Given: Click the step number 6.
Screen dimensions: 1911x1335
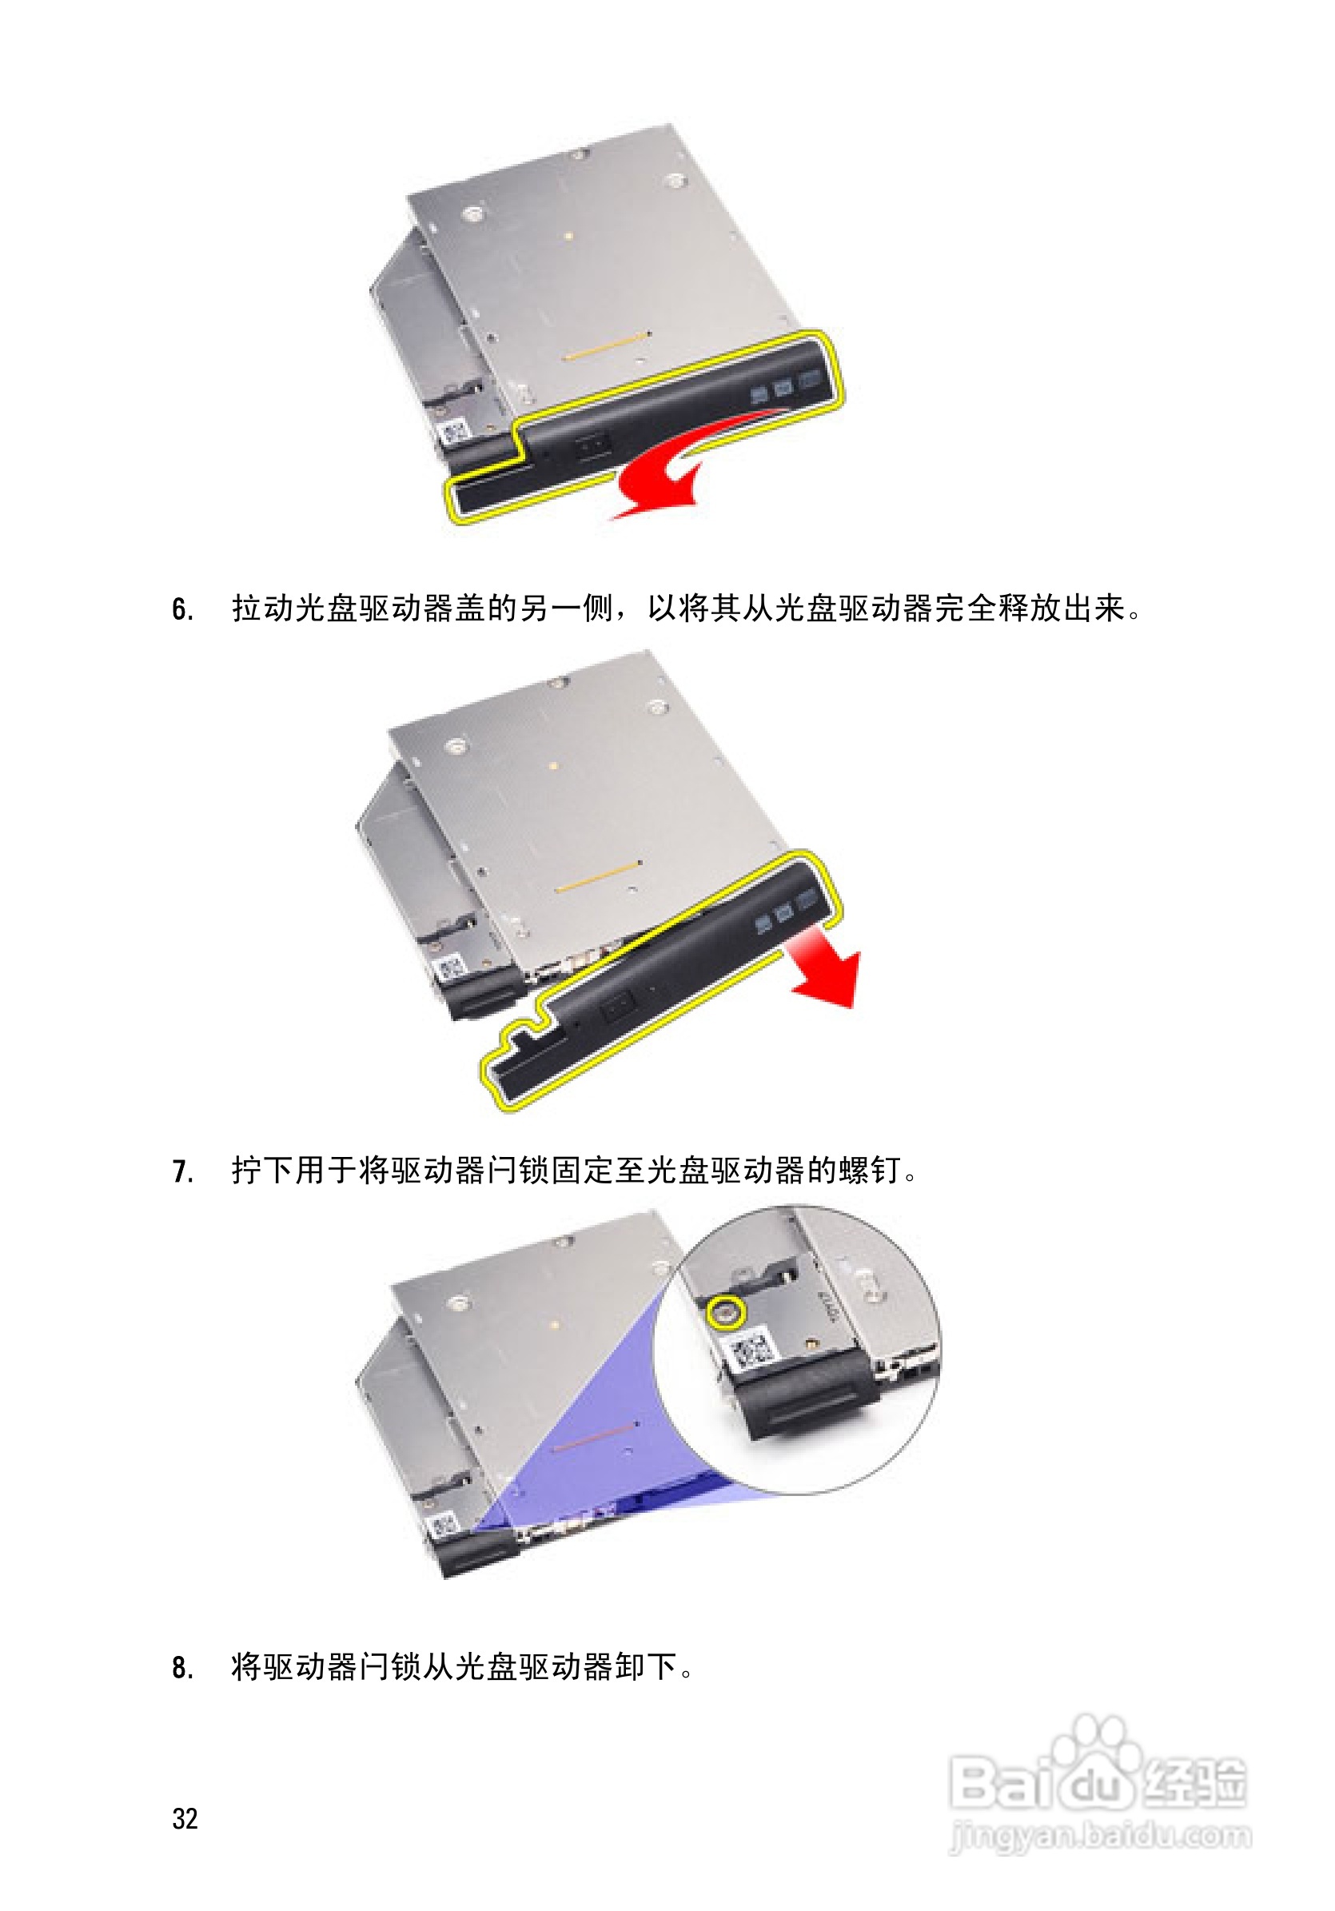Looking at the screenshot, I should (182, 610).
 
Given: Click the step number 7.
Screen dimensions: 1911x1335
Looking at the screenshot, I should (182, 1172).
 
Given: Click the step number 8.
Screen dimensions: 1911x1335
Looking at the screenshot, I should (182, 1668).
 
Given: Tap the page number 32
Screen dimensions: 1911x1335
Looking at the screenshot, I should (185, 1818).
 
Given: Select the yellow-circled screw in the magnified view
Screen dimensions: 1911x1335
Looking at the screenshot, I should (724, 1313).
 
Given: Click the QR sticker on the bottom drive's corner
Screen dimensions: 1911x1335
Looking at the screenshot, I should (443, 1526).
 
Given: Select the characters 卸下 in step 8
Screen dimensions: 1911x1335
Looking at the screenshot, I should (645, 1667).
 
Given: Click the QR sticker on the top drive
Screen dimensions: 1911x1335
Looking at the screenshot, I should (453, 432).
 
